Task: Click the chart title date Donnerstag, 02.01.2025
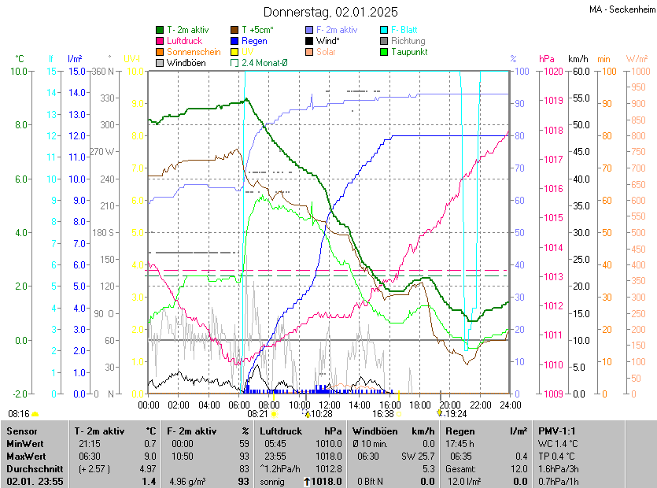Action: [330, 12]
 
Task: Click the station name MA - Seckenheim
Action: [622, 9]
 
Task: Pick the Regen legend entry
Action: [254, 41]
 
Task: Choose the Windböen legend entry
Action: [186, 62]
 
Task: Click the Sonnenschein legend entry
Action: [194, 52]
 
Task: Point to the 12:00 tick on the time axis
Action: [330, 405]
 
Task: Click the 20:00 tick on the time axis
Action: [450, 405]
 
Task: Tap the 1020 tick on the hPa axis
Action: [551, 71]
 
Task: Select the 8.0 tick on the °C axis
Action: [21, 125]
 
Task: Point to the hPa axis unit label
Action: [546, 59]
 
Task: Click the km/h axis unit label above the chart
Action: [578, 59]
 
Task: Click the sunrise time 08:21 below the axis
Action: [258, 413]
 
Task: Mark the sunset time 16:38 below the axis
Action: [383, 413]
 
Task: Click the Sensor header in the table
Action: [23, 431]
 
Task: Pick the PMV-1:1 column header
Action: [557, 431]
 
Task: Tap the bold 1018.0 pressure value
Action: [326, 481]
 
